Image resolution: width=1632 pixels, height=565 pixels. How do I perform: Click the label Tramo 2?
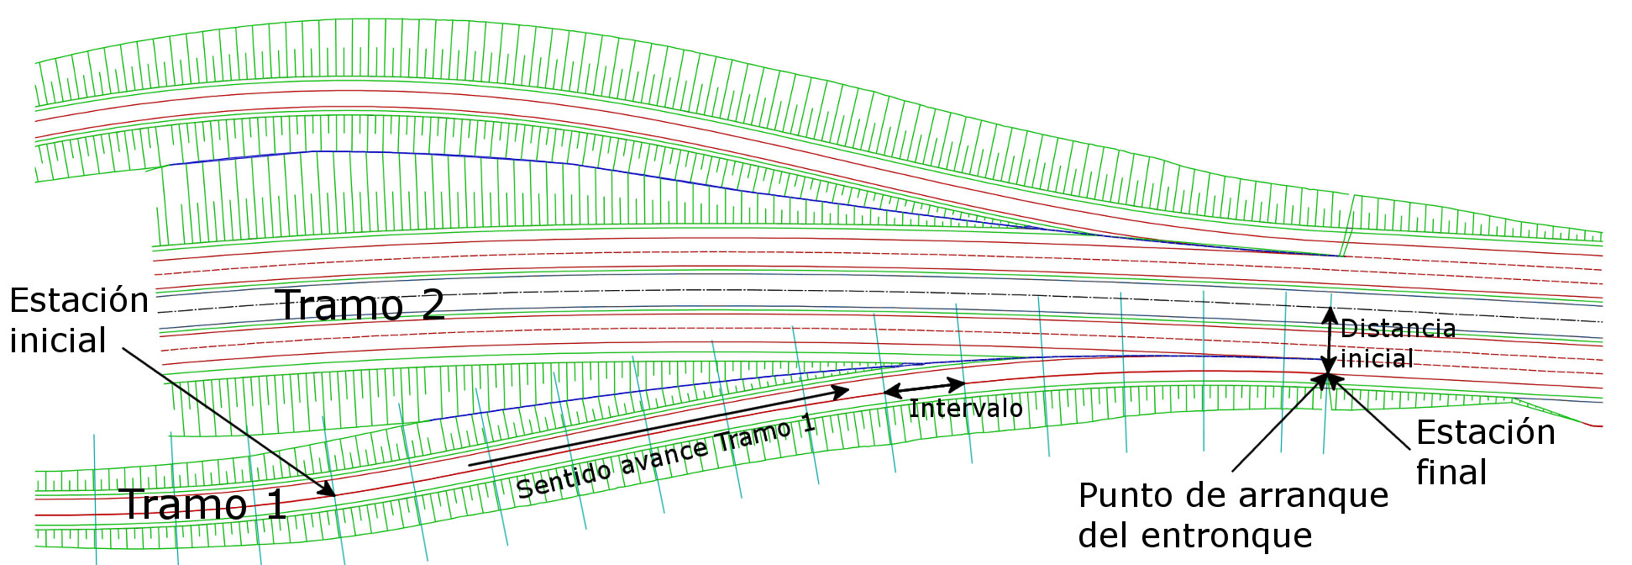tap(360, 304)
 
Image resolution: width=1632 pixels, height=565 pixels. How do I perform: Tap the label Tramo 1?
tap(204, 504)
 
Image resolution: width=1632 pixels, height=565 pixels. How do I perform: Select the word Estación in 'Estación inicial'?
tap(79, 300)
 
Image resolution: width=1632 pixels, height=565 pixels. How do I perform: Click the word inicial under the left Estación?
tap(57, 341)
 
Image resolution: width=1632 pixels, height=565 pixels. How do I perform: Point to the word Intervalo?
tap(965, 409)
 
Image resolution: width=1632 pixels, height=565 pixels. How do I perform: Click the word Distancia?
tap(1398, 328)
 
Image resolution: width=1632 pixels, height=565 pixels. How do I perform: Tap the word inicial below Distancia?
tap(1376, 359)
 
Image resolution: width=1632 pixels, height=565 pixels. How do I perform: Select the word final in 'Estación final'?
tap(1451, 473)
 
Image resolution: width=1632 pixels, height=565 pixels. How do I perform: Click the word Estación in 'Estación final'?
tap(1485, 432)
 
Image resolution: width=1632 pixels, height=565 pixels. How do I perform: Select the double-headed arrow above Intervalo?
tap(923, 388)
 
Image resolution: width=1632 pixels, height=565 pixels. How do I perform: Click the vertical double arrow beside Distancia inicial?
tap(1329, 341)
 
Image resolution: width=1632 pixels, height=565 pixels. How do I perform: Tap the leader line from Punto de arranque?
tap(1277, 425)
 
